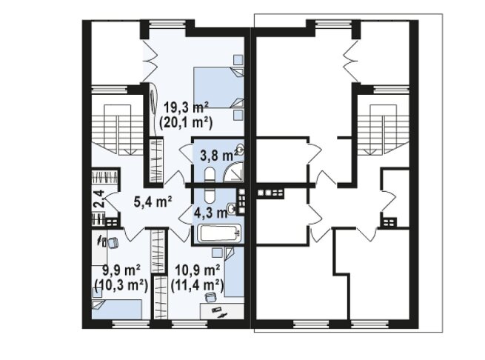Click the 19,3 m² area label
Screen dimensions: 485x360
point(186,107)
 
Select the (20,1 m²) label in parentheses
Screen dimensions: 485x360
point(186,123)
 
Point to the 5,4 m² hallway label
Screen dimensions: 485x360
point(153,202)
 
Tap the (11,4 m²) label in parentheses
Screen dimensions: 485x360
point(198,285)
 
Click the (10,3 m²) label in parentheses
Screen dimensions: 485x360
point(121,285)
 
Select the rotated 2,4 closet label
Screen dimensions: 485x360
point(99,199)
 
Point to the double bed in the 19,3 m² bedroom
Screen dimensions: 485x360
point(218,87)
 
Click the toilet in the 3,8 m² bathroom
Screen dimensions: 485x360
point(210,174)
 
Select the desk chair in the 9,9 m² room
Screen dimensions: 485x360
point(113,242)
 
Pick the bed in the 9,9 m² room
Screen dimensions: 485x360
point(117,309)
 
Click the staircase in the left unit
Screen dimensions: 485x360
point(117,130)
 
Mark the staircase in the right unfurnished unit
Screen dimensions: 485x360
point(384,130)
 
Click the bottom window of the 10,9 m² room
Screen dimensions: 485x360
point(190,324)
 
